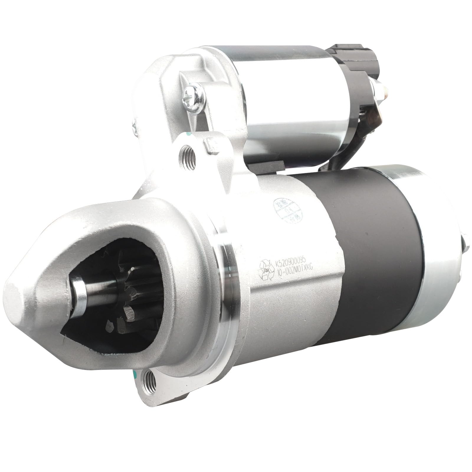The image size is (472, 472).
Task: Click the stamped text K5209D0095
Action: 291,259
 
